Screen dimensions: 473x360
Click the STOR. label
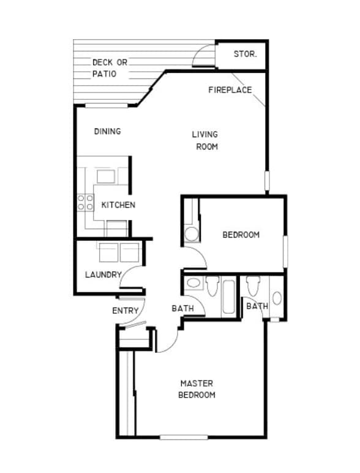pos(245,54)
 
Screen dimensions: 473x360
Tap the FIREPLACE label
pos(230,90)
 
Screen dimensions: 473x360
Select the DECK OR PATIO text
pos(110,68)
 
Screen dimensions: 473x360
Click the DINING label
pos(107,131)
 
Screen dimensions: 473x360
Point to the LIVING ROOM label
pos(205,140)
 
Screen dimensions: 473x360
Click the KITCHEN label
pos(118,205)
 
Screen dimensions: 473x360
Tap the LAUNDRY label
pos(103,274)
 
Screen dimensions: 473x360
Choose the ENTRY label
pos(126,311)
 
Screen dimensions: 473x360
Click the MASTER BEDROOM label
pos(197,389)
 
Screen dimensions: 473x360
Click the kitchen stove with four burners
pos(85,202)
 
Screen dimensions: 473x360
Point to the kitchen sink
pos(105,176)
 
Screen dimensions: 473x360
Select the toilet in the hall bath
pos(212,286)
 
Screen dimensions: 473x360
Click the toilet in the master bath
pos(252,285)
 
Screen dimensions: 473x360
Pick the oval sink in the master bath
pos(277,298)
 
